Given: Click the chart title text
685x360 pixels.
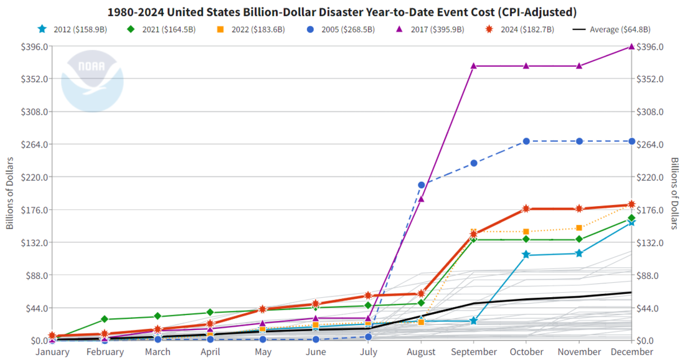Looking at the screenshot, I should [342, 12].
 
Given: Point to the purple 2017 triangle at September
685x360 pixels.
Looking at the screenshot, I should [473, 66].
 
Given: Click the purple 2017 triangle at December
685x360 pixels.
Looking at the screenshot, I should [631, 47].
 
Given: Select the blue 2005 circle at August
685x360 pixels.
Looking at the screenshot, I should [421, 185].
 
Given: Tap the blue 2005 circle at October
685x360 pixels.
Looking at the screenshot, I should [526, 141].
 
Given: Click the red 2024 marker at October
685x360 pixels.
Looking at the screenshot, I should [526, 209].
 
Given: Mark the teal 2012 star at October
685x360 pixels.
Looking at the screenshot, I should [526, 255].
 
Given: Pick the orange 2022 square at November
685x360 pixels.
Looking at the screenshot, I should [579, 228].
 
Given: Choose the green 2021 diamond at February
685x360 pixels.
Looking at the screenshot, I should [105, 320].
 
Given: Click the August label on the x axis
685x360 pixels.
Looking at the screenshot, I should [421, 352].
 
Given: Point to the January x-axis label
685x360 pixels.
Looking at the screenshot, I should [52, 352].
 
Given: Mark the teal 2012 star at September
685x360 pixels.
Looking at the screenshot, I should [473, 321].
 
